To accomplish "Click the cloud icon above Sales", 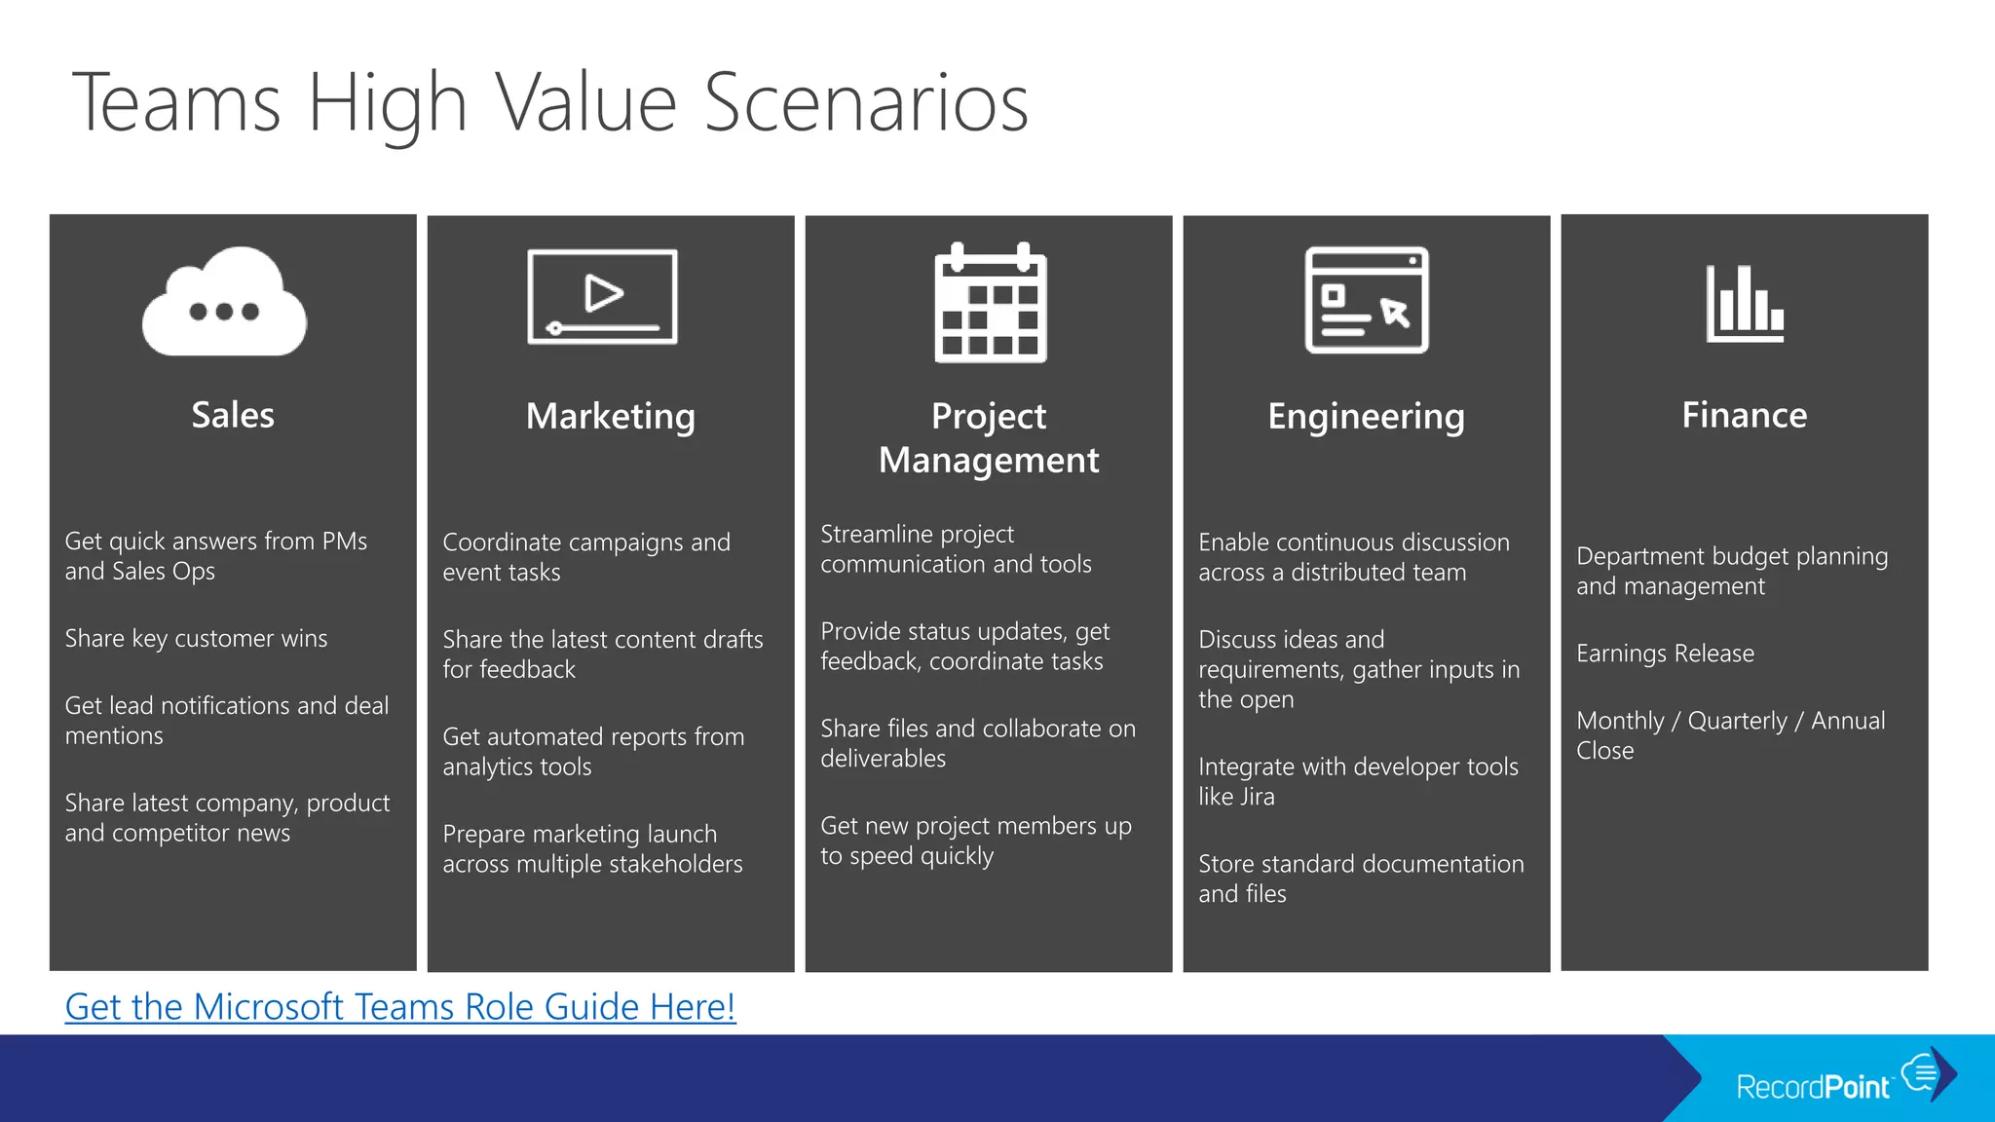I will [224, 302].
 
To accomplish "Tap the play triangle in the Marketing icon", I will [603, 293].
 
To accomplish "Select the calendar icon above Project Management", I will [990, 304].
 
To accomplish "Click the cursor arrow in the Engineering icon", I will [1395, 313].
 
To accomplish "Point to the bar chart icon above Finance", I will [1745, 304].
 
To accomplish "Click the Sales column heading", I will [233, 415].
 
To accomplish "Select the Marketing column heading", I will [611, 416].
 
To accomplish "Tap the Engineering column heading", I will [1366, 416].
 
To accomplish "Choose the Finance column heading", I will [1744, 415].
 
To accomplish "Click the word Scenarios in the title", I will [865, 102].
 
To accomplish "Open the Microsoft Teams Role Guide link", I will [400, 1007].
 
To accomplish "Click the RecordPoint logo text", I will [1813, 1086].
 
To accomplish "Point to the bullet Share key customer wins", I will [196, 638].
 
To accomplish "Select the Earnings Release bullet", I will [1665, 653].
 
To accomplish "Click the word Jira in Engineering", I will [1256, 797].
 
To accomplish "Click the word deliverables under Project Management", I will [883, 759].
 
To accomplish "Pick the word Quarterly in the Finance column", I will [1737, 721].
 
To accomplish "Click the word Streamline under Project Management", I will [867, 534].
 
